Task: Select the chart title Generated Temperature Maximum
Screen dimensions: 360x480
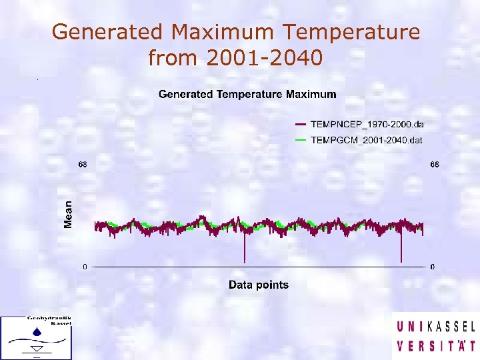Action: click(247, 94)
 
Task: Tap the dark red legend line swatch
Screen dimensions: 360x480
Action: click(300, 124)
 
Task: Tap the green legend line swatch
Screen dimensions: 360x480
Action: click(300, 139)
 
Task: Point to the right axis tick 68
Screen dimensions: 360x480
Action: click(433, 164)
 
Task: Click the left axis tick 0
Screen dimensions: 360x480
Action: click(85, 267)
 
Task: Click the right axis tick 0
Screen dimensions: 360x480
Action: click(433, 267)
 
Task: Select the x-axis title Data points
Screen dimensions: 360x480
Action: click(259, 285)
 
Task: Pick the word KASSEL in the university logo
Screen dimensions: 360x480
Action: click(451, 327)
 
